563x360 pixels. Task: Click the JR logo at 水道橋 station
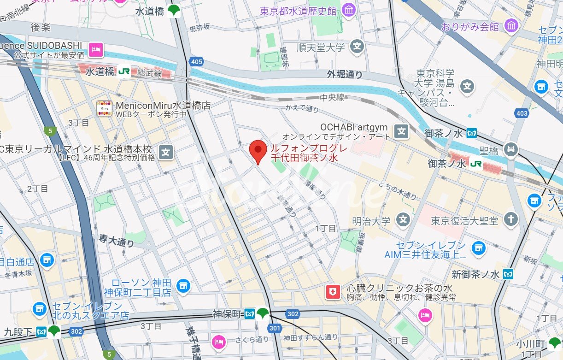[x=123, y=71]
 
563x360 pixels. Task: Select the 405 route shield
[x=196, y=61]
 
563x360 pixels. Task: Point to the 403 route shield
[x=522, y=113]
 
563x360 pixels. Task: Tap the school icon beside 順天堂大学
[x=357, y=47]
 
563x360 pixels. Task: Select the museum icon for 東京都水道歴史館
[x=349, y=10]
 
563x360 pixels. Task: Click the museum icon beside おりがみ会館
[x=511, y=26]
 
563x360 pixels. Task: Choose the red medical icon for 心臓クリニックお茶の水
[x=332, y=291]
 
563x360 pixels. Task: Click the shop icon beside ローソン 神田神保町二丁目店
[x=183, y=286]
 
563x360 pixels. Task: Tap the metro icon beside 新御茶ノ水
[x=508, y=274]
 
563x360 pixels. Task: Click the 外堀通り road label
[x=345, y=74]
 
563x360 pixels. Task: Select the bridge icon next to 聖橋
[x=511, y=149]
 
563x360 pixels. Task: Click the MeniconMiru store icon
[x=104, y=109]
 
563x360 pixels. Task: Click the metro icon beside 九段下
[x=41, y=331]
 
